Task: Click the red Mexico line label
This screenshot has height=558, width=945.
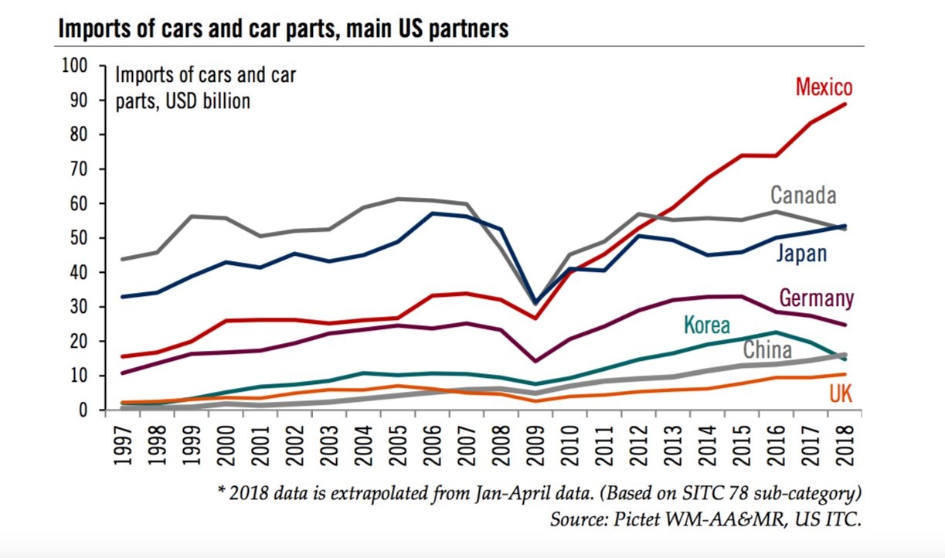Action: coord(824,86)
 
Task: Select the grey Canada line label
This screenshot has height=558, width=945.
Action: coord(803,195)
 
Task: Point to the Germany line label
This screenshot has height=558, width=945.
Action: coord(817,298)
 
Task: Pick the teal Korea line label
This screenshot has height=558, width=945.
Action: coord(706,325)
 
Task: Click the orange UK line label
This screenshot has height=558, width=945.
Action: coord(841,394)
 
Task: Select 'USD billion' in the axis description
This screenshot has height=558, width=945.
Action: coord(205,101)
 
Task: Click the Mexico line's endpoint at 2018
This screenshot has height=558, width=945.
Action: coord(845,104)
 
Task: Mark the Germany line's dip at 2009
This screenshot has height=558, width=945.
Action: coord(533,361)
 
